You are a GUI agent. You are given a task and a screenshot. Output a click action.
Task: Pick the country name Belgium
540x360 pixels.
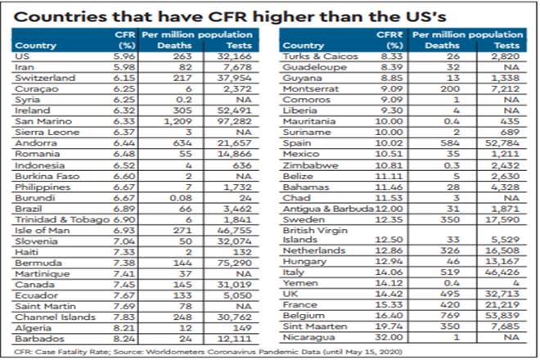[x=303, y=313]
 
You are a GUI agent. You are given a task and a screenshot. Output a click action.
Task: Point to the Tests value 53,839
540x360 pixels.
[x=505, y=313]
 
